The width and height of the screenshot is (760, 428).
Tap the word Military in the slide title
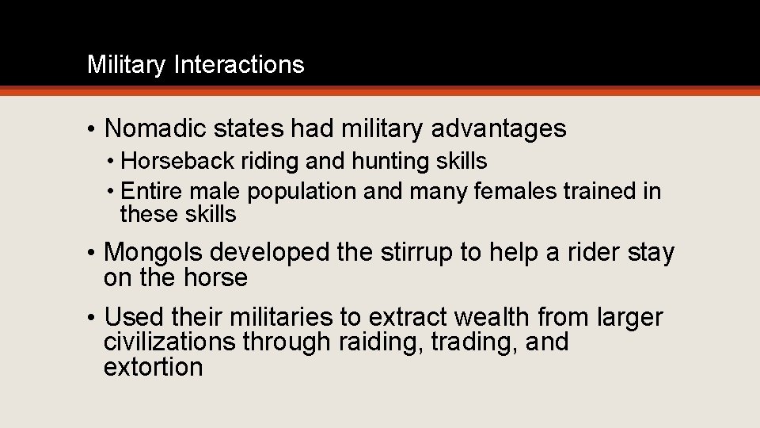coord(127,64)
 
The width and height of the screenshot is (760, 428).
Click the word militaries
coord(281,318)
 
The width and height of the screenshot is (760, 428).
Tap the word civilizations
coord(169,342)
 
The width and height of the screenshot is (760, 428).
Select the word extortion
coord(153,368)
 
